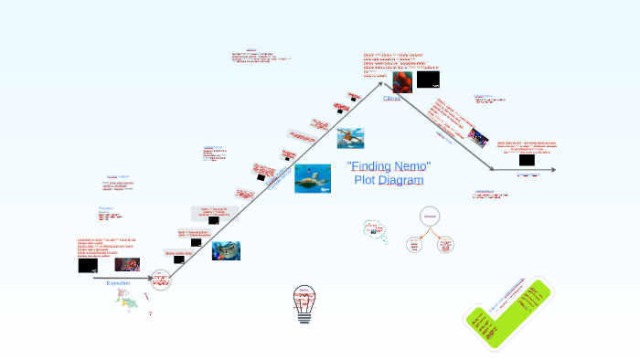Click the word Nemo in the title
pyautogui.click(x=411, y=166)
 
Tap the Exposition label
pyautogui.click(x=119, y=283)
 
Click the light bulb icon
pyautogui.click(x=304, y=304)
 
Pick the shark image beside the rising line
pyautogui.click(x=226, y=250)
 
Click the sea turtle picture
pyautogui.click(x=313, y=177)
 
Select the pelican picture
pyautogui.click(x=349, y=138)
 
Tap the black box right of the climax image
pyautogui.click(x=427, y=79)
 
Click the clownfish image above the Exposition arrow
pyautogui.click(x=127, y=265)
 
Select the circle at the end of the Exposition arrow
pyautogui.click(x=161, y=279)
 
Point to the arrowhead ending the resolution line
pyautogui.click(x=553, y=170)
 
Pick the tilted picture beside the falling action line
pyautogui.click(x=477, y=138)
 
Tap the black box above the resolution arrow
pyautogui.click(x=527, y=160)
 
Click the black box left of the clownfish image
pyautogui.click(x=88, y=265)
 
